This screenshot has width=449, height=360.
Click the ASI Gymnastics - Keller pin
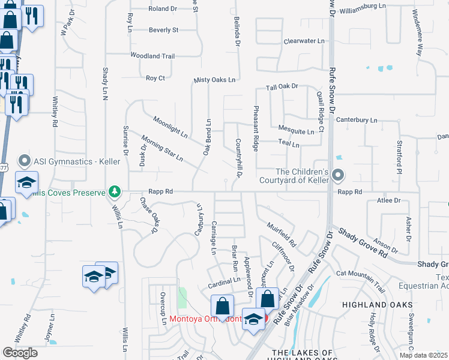25,161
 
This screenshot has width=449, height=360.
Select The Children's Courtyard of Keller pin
339,176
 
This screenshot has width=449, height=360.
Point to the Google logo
20,353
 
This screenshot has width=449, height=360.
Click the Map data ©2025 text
423,355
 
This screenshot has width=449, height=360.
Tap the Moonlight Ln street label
170,126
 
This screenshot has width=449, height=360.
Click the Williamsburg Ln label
361,5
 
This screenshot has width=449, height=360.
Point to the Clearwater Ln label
304,41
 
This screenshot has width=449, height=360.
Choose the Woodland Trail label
152,56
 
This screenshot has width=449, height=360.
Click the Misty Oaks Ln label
214,80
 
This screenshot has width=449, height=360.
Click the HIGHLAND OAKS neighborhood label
369,305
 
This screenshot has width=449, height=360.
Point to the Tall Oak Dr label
282,87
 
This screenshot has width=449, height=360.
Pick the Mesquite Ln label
296,130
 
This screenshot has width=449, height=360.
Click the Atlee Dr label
388,200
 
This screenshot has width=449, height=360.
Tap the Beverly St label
164,29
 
